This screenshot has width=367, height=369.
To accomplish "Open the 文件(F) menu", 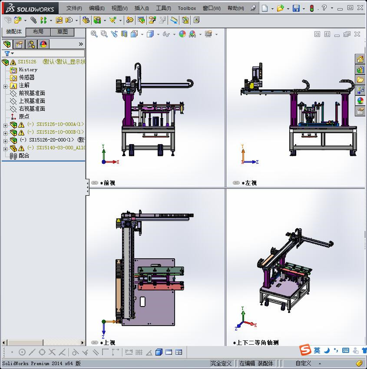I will click(x=74, y=8).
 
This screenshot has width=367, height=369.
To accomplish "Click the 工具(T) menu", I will click(x=163, y=8).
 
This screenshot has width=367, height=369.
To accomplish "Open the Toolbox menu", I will click(x=187, y=8).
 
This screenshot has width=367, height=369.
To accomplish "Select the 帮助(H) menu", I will click(x=235, y=8).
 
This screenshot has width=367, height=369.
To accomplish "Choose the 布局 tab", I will click(x=38, y=32).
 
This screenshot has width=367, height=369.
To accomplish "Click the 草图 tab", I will click(x=63, y=32).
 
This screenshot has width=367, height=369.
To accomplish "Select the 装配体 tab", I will click(x=14, y=32).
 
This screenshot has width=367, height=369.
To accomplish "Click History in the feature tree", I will click(x=28, y=69).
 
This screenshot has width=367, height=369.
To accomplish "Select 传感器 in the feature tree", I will click(x=26, y=77).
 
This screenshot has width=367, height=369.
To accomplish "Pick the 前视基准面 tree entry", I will click(x=32, y=93).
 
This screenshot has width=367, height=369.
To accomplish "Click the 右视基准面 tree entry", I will click(x=32, y=109).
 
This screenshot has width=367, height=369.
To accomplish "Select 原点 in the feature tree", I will click(x=24, y=116).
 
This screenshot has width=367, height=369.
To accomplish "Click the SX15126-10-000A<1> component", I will click(x=56, y=124).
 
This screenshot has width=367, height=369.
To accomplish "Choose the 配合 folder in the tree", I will click(x=24, y=155).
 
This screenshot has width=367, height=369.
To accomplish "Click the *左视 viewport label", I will click(x=249, y=183).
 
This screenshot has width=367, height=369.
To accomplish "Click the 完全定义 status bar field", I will click(x=221, y=363).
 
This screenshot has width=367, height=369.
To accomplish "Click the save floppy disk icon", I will click(x=296, y=8).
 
